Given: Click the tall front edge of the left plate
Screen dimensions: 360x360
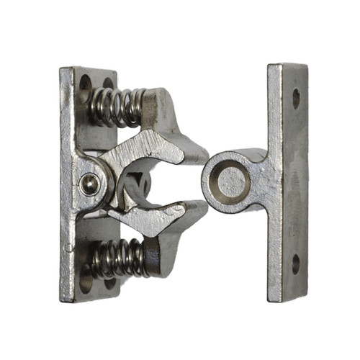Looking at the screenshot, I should [x=68, y=180].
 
